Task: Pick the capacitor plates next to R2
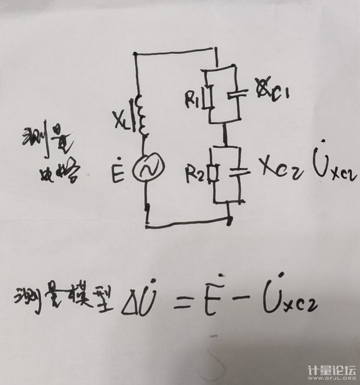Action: (x=238, y=172)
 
